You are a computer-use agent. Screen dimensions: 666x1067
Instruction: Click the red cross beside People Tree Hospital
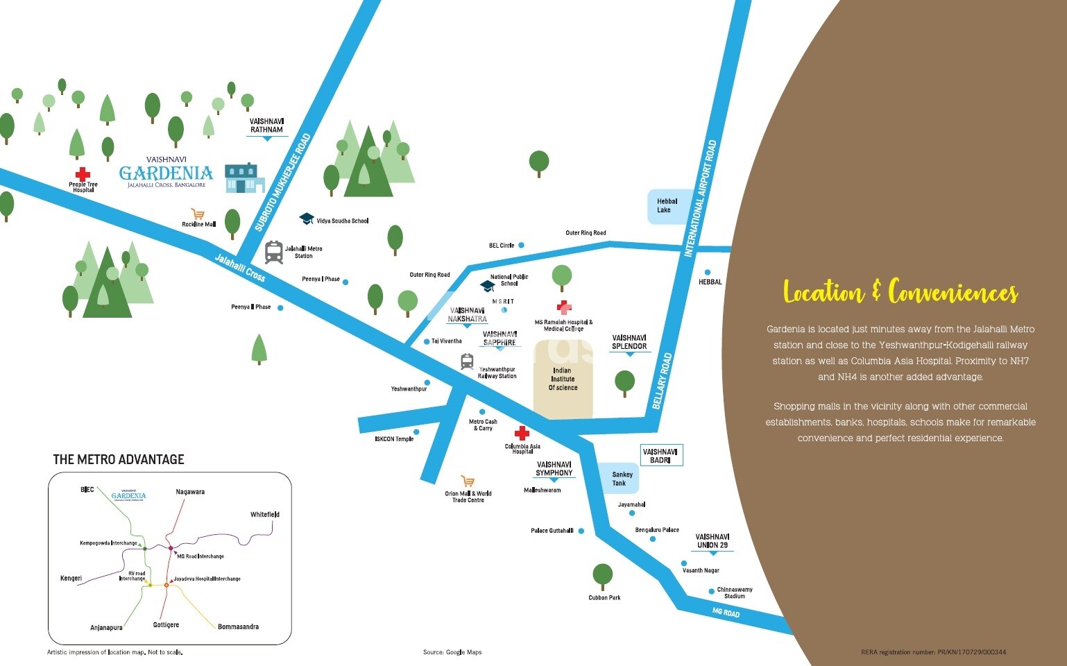[83, 173]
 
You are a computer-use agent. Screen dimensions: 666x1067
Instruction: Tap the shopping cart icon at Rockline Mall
[198, 214]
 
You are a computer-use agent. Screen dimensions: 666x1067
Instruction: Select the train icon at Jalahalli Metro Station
[274, 252]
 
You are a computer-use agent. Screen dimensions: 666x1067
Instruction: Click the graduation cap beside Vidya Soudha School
[306, 219]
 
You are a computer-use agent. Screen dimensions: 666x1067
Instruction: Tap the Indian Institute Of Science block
[563, 379]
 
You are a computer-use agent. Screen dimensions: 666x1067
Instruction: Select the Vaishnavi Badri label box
[660, 456]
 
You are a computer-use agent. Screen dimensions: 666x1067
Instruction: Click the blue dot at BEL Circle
[521, 245]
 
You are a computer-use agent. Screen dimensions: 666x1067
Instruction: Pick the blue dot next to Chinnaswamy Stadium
[711, 592]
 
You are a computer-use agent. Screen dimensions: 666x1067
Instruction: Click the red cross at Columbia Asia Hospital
[521, 433]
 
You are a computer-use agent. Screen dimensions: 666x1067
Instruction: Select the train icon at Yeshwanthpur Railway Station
[467, 361]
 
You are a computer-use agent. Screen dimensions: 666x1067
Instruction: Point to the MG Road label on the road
[726, 613]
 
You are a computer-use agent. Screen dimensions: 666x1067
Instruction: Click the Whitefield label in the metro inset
[265, 515]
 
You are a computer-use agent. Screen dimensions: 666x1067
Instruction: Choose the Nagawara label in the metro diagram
[190, 492]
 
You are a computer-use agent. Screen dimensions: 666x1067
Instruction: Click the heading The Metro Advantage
[119, 459]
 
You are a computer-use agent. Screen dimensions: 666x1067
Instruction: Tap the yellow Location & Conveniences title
[900, 292]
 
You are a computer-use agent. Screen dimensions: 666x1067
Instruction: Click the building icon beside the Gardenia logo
[244, 178]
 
